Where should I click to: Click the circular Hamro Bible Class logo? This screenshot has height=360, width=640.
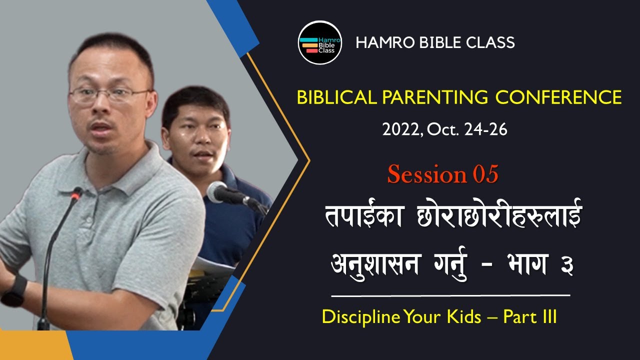[x=320, y=42]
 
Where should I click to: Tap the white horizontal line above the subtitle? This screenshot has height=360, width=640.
[x=450, y=295]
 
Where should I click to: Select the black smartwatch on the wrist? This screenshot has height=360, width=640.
[x=16, y=292]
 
